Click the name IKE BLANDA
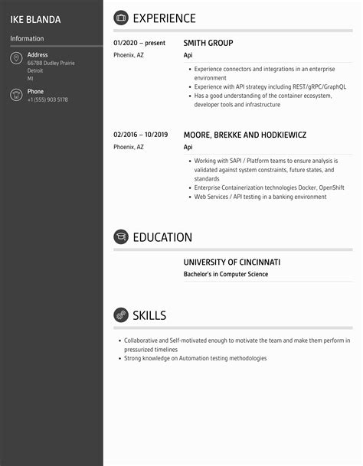click(x=35, y=19)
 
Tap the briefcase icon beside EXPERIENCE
click(x=121, y=18)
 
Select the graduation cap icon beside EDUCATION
click(x=121, y=237)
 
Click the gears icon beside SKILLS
click(x=121, y=315)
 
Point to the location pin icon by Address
click(x=16, y=59)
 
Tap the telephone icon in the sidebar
click(x=16, y=96)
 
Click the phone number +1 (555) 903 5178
click(x=47, y=100)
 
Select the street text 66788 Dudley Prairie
click(x=51, y=63)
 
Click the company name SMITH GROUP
click(x=208, y=44)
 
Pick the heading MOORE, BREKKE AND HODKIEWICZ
click(x=245, y=135)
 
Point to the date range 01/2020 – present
click(x=139, y=44)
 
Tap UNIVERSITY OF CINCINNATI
click(x=232, y=262)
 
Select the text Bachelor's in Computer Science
click(x=226, y=275)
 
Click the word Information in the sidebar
click(x=27, y=38)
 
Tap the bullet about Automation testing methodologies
click(x=195, y=358)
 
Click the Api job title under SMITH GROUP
click(x=188, y=56)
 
